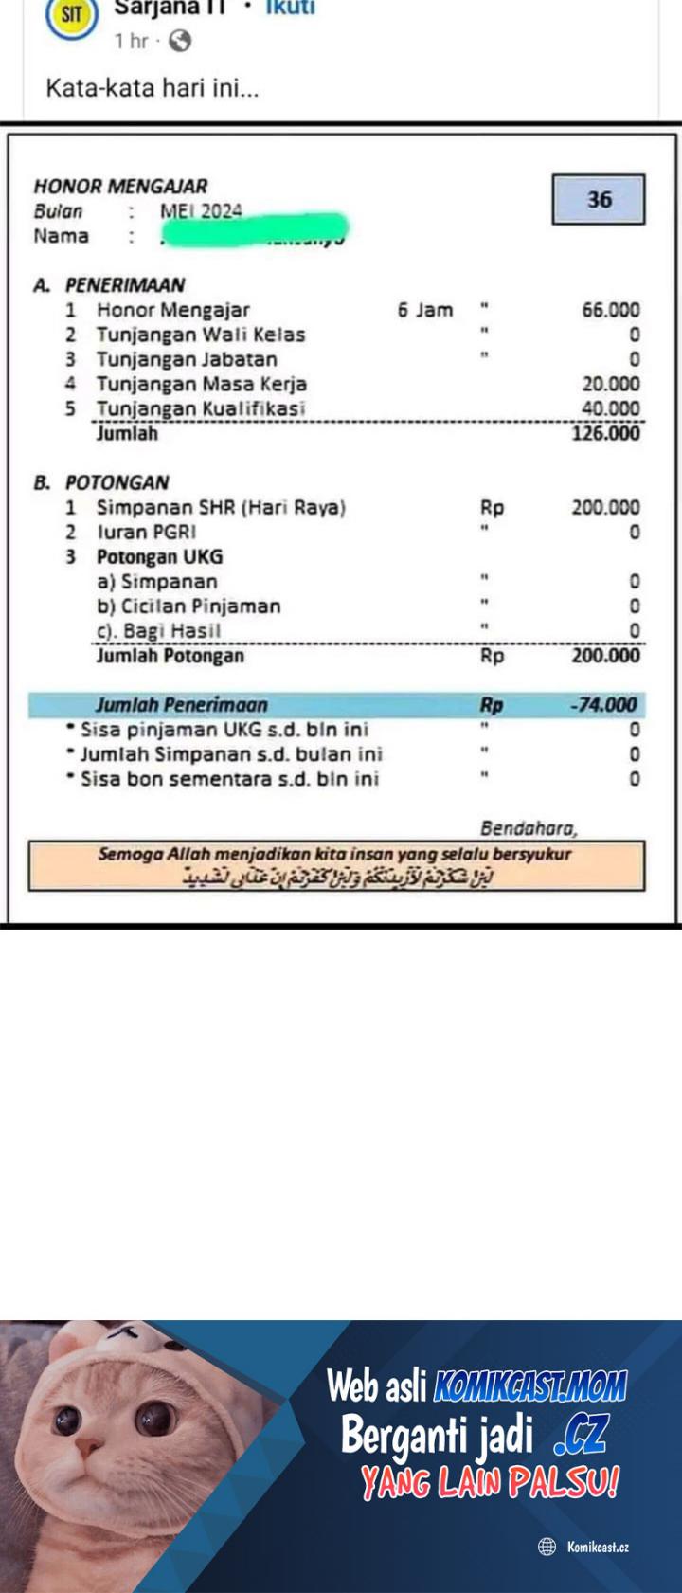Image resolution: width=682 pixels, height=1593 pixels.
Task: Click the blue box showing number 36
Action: (x=599, y=200)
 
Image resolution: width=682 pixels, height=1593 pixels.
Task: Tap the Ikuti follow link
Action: (x=290, y=9)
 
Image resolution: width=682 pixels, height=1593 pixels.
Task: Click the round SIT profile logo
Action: (x=72, y=15)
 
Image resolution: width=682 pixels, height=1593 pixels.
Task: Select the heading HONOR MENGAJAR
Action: (x=120, y=186)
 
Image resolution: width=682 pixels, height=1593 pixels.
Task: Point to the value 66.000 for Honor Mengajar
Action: (x=610, y=310)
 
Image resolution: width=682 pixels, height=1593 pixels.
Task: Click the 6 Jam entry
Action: (x=425, y=310)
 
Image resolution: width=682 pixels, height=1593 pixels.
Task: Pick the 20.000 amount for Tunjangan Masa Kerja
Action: (x=610, y=384)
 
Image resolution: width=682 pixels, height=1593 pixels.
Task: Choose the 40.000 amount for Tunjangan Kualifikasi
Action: (x=610, y=408)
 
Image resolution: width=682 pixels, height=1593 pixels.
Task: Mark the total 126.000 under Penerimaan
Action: (x=605, y=434)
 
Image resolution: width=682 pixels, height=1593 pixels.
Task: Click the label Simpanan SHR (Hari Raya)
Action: (x=221, y=507)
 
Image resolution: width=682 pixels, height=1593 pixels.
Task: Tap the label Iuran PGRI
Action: (x=146, y=532)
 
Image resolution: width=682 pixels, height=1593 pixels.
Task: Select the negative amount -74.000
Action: (x=603, y=705)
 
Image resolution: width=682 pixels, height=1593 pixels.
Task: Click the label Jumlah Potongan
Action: (x=170, y=656)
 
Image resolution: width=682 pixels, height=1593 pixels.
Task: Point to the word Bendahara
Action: (x=529, y=828)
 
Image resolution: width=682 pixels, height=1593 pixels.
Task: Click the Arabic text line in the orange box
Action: (x=338, y=878)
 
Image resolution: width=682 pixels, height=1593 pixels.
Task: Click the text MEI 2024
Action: (x=201, y=211)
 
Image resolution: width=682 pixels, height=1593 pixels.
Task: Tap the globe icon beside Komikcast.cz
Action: (x=547, y=1547)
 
